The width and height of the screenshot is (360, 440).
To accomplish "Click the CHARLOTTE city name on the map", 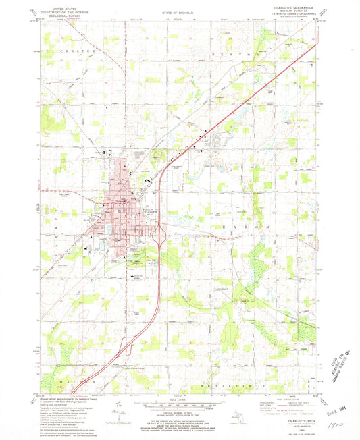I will (x=149, y=211).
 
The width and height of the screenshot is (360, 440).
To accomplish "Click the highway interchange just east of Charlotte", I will (x=159, y=236).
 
